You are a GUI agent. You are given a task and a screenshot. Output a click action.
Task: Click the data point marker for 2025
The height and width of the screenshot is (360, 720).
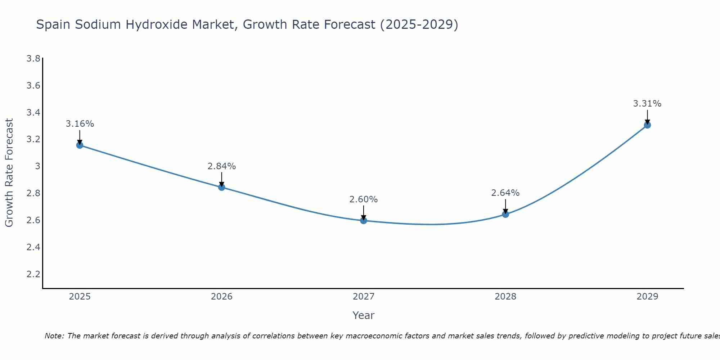coord(80,145)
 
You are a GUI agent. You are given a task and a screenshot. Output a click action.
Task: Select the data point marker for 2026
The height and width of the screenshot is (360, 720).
coord(222,187)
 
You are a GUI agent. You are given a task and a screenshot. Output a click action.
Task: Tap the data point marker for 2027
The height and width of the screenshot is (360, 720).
coord(364,220)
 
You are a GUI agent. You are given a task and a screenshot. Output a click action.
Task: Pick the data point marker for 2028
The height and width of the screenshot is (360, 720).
coord(505,214)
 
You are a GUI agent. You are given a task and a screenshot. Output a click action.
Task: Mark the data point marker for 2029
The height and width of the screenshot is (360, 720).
coord(647,125)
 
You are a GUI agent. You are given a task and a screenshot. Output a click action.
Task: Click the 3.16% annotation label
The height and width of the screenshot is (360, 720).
coord(80,124)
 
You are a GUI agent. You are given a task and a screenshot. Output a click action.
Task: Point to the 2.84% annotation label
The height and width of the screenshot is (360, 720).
coord(222,166)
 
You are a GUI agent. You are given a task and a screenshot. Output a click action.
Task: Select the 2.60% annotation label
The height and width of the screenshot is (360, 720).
coord(364,199)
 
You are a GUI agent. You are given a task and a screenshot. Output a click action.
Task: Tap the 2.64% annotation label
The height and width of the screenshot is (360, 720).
coord(505,193)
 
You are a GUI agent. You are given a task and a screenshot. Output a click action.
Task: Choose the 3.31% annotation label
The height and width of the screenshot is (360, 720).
coord(647,104)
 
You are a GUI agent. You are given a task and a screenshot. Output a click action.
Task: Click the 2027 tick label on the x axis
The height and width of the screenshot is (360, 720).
coord(364,297)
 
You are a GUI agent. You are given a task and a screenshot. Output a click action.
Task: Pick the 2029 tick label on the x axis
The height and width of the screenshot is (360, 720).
coord(647,297)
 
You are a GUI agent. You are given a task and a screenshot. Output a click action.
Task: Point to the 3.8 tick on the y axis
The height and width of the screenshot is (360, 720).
coord(33,58)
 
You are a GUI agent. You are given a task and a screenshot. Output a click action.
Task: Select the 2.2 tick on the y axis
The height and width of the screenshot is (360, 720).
coord(33,274)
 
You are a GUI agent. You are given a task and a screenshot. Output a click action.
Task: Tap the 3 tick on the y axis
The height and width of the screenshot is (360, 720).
coord(37,166)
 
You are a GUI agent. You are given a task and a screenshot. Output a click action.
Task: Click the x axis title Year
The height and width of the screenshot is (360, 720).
coord(364,315)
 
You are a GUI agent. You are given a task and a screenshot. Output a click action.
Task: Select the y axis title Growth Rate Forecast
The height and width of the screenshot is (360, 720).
coord(9,173)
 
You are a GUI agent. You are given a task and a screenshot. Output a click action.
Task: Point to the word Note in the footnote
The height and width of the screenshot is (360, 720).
coord(54,336)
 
